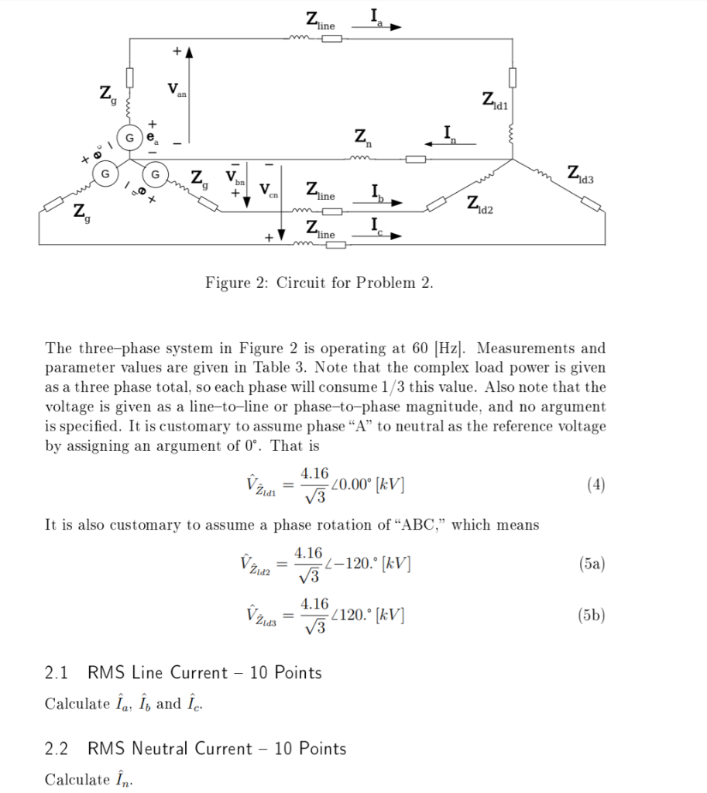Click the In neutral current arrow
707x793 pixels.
(450, 143)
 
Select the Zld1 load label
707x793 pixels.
(494, 100)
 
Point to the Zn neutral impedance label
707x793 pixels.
(362, 140)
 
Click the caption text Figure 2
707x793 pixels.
(318, 283)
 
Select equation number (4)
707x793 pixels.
(595, 486)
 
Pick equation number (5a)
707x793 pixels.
(592, 564)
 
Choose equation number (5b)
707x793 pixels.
(592, 616)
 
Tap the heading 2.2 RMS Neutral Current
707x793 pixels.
(195, 748)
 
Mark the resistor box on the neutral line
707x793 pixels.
(416, 159)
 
